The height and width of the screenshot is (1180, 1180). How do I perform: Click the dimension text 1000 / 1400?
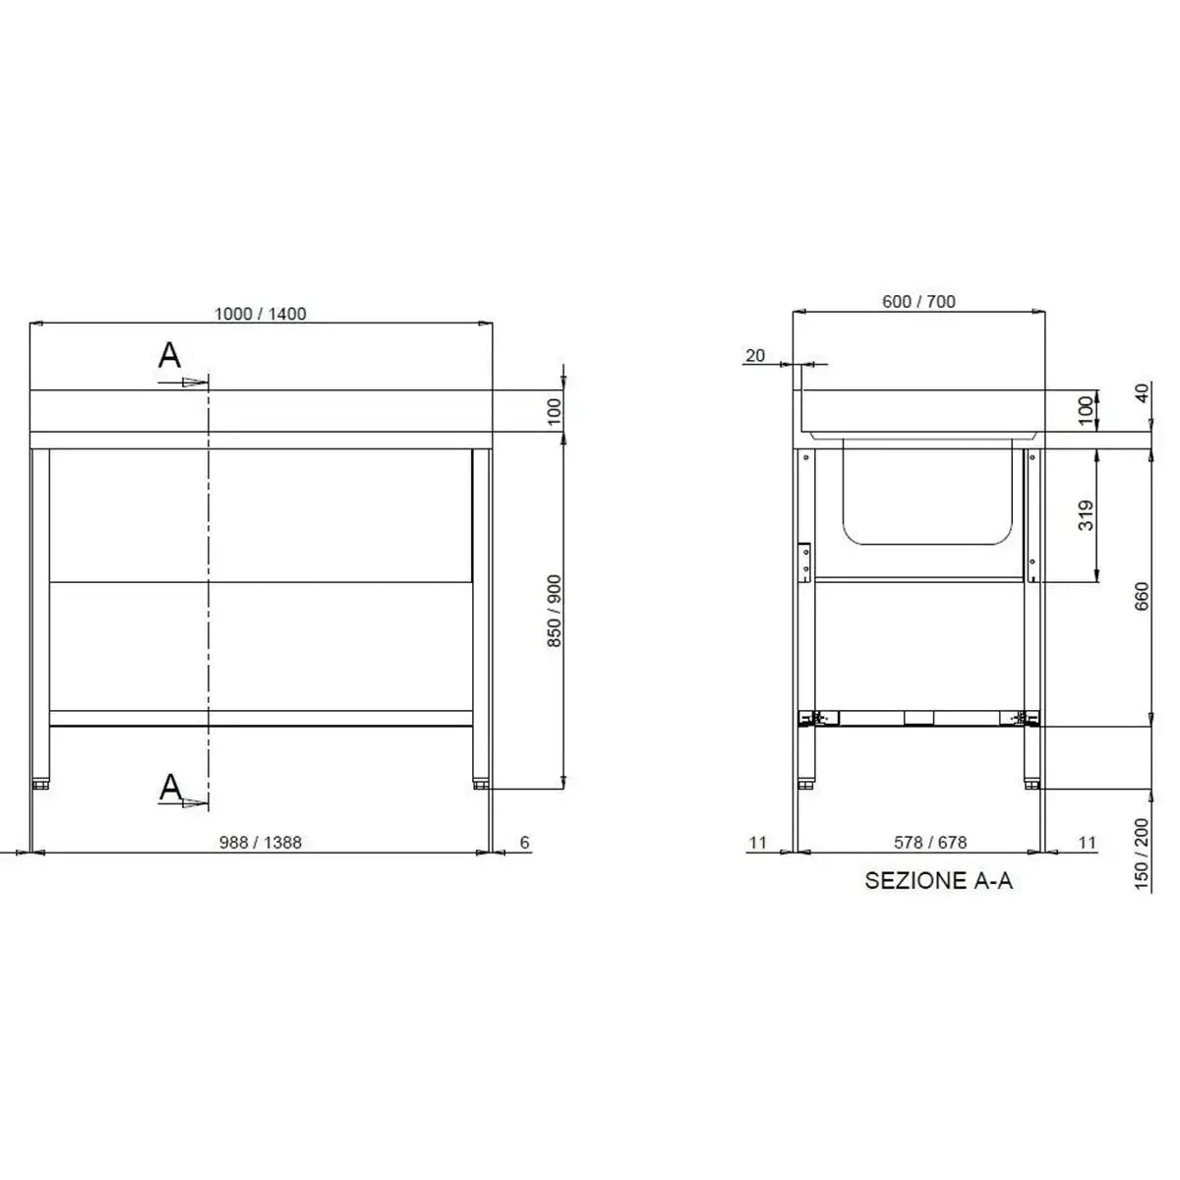coord(261,314)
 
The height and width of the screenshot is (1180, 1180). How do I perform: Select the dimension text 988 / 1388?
coord(260,843)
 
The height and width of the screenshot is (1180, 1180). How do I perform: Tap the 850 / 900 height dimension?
coord(554,611)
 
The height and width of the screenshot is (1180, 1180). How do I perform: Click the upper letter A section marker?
coord(170,356)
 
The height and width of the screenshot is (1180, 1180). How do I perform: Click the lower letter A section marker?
coord(171,786)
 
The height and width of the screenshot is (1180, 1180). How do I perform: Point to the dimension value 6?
coord(524,843)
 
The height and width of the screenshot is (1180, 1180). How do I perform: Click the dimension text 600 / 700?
coord(918,302)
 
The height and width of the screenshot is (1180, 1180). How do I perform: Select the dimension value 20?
coord(755,356)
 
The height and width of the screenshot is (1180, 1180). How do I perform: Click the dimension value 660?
coord(1142,596)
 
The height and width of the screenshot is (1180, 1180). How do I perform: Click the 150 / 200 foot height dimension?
coord(1142,855)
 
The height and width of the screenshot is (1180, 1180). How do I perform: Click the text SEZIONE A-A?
coord(938,881)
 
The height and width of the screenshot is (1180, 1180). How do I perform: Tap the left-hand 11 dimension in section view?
coord(756,843)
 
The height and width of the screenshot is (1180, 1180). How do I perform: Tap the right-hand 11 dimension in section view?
coord(1087,843)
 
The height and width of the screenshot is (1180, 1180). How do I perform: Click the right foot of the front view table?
coord(481,784)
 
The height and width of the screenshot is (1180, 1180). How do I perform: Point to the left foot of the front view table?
coord(40,784)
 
